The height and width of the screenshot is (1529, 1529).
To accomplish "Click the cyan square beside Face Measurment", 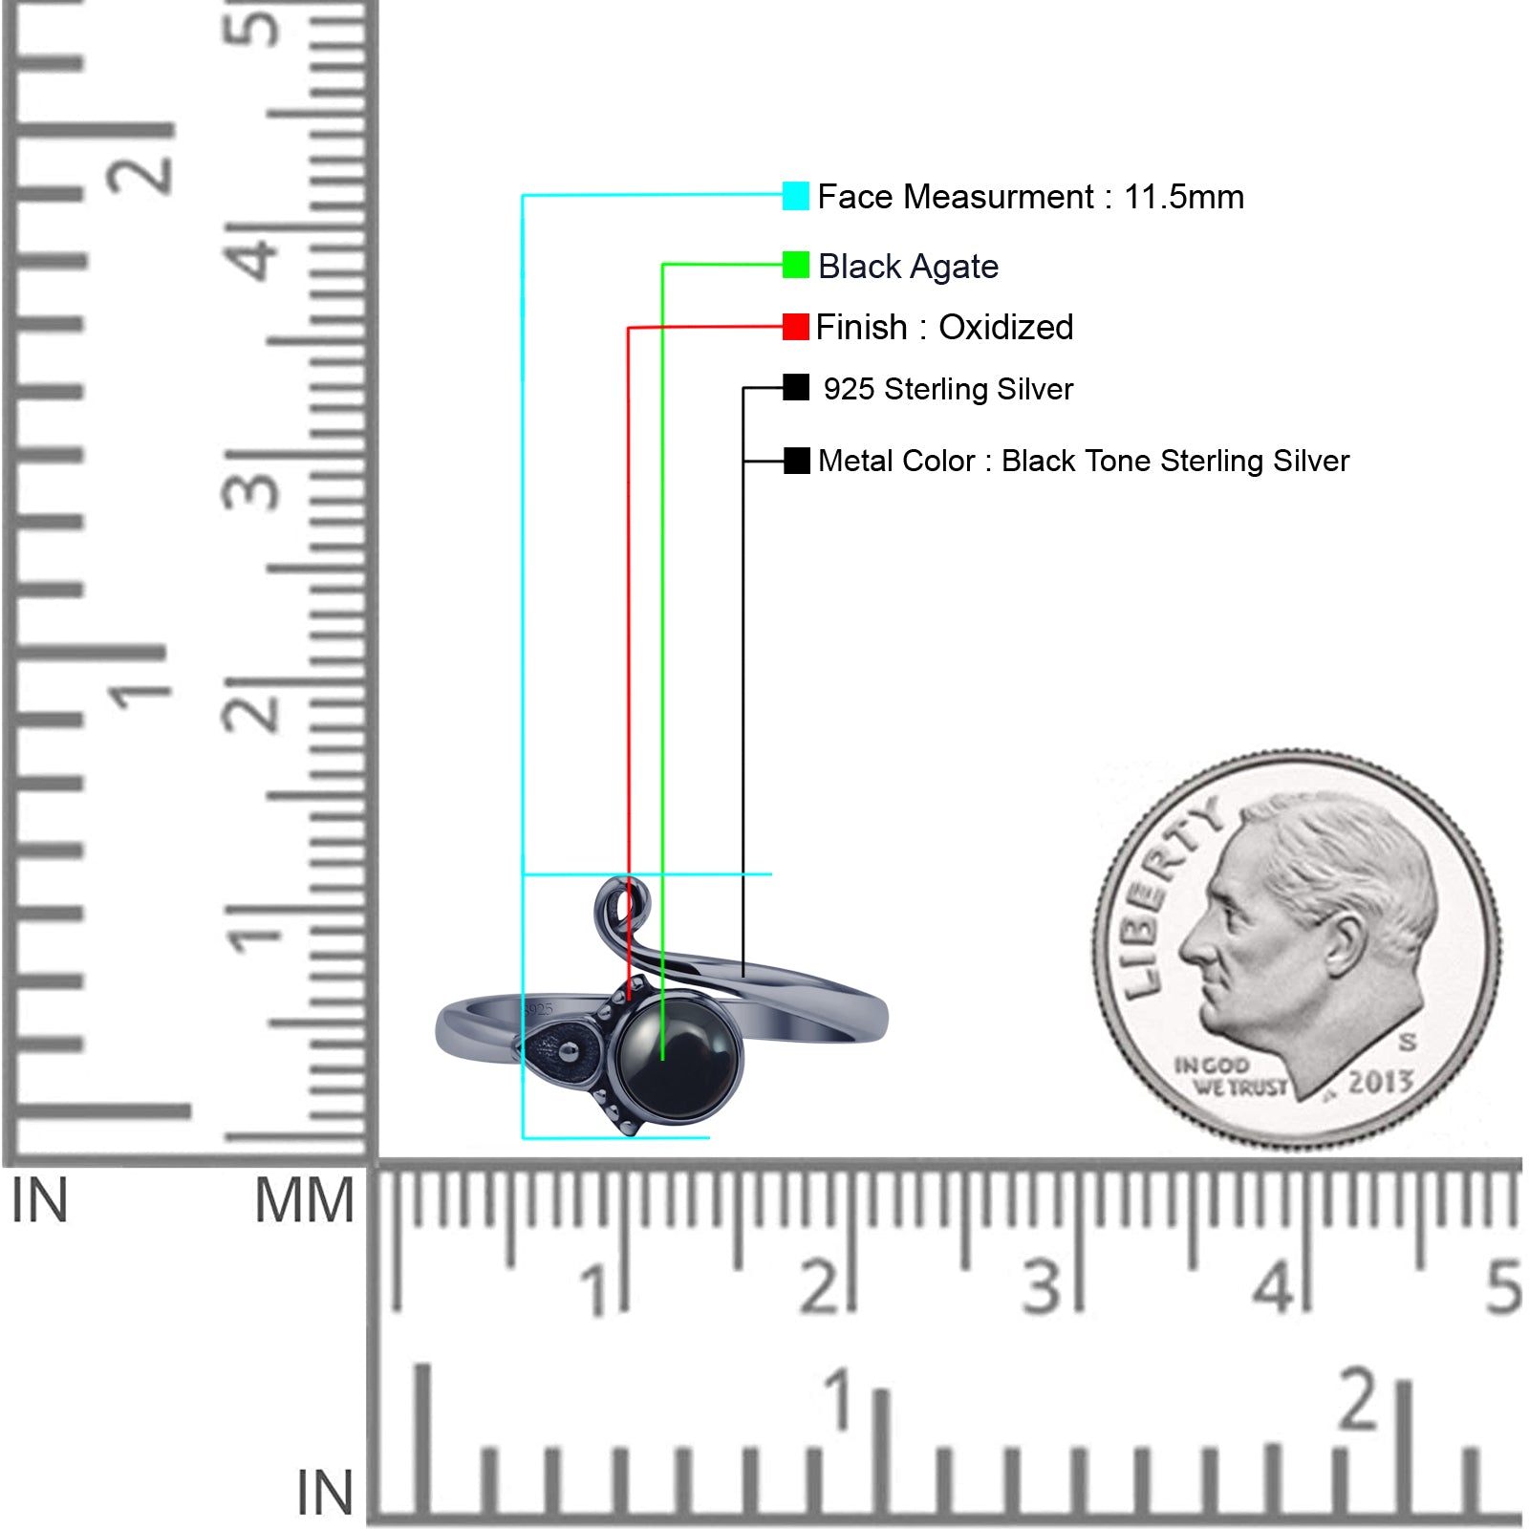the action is tap(795, 196).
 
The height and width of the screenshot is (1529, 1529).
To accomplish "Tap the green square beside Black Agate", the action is tap(795, 265).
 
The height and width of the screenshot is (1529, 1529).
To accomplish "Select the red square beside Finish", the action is tap(795, 327).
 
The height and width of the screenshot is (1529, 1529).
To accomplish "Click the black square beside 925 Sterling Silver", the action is tap(795, 387).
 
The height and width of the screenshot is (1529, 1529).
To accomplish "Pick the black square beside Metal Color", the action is tap(796, 461).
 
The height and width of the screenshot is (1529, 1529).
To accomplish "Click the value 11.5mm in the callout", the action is tap(1184, 197).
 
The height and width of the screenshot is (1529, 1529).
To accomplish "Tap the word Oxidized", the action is tap(1005, 327).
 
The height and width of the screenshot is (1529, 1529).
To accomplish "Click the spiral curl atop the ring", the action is tap(621, 903).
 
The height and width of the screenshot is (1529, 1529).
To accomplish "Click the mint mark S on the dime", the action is tap(1407, 1042).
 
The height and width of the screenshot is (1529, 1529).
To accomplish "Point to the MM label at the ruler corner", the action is tap(305, 1201).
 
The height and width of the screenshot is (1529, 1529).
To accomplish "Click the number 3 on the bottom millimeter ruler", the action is tap(1042, 1286).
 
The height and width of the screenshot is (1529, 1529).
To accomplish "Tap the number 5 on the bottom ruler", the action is tap(1503, 1286).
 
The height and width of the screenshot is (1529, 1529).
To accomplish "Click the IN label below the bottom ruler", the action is tap(325, 1493).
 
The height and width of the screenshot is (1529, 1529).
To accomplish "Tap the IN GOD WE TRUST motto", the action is tap(1232, 1076).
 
